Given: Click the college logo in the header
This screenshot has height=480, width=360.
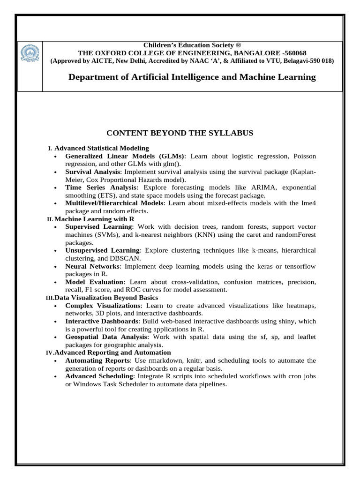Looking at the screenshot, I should tap(30, 58).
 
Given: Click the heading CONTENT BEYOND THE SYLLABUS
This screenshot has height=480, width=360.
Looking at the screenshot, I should tap(180, 133).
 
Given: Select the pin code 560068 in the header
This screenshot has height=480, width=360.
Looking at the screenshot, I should tap(293, 52).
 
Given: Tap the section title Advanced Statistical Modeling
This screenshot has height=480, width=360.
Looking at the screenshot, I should tap(102, 148).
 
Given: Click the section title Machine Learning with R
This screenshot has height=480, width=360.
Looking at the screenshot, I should tap(91, 219).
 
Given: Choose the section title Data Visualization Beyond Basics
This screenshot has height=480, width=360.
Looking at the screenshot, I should tap(106, 298).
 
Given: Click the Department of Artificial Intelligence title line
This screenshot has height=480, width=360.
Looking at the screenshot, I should tap(192, 77).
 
